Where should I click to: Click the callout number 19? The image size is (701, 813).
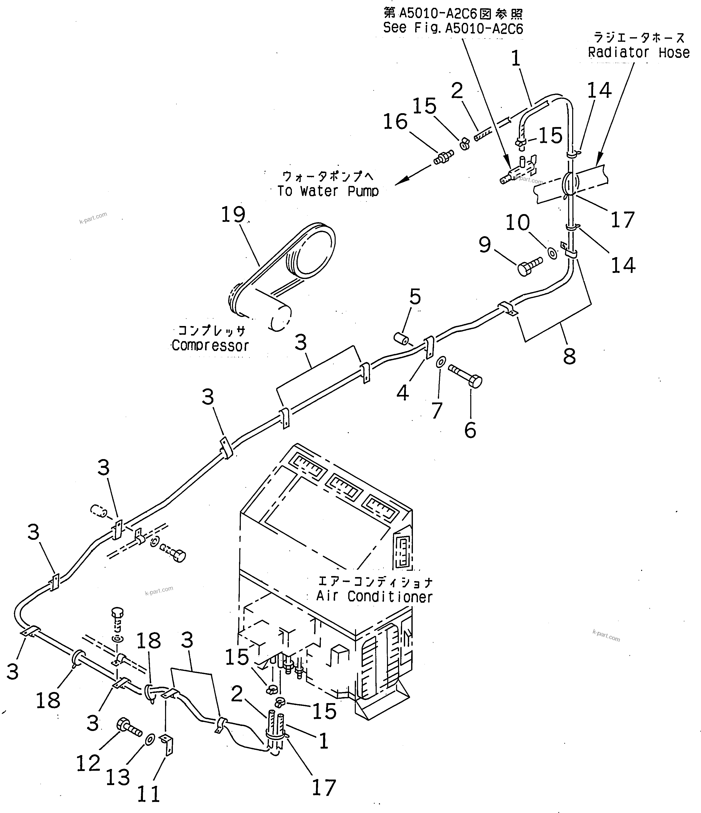click(x=233, y=214)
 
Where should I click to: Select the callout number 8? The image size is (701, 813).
click(x=569, y=356)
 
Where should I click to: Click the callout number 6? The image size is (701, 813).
click(x=470, y=430)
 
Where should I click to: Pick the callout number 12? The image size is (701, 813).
click(x=88, y=763)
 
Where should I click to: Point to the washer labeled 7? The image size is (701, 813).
click(x=441, y=361)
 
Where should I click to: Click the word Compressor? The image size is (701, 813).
click(x=210, y=346)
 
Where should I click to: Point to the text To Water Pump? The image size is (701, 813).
click(x=328, y=191)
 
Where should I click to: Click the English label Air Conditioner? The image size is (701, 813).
click(x=374, y=597)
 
